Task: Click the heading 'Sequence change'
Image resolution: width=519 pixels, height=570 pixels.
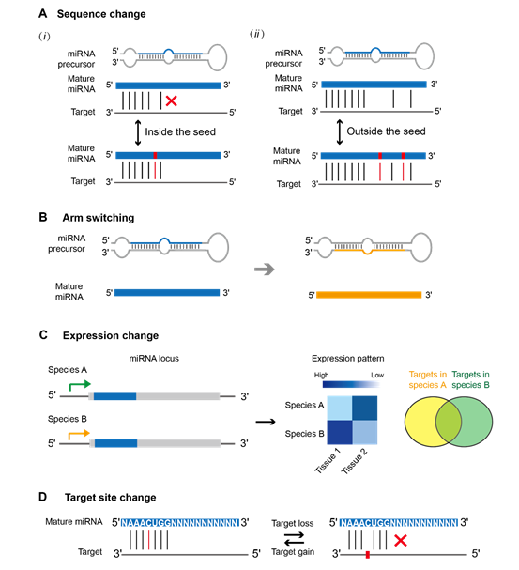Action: pyautogui.click(x=101, y=14)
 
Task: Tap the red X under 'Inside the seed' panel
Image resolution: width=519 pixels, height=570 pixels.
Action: pyautogui.click(x=171, y=100)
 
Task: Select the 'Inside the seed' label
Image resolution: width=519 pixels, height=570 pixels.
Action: pyautogui.click(x=180, y=131)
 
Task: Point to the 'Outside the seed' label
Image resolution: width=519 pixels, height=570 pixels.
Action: pyautogui.click(x=386, y=131)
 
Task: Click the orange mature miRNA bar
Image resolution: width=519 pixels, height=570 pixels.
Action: pyautogui.click(x=369, y=295)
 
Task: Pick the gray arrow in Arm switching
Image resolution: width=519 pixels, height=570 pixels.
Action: pyautogui.click(x=264, y=270)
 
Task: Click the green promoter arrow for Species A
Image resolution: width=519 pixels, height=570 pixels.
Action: pyautogui.click(x=80, y=385)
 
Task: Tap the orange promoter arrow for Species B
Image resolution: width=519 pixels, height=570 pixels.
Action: pyautogui.click(x=79, y=434)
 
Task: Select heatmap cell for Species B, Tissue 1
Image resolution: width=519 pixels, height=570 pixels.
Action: pyautogui.click(x=340, y=432)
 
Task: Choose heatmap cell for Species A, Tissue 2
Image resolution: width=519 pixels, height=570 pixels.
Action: pyautogui.click(x=365, y=408)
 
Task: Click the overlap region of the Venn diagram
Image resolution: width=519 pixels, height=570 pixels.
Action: pyautogui.click(x=449, y=422)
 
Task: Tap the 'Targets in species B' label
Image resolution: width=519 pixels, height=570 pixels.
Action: pyautogui.click(x=471, y=379)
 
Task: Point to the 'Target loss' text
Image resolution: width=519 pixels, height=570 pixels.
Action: pyautogui.click(x=293, y=523)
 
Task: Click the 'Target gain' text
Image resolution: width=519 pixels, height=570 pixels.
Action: pyautogui.click(x=293, y=552)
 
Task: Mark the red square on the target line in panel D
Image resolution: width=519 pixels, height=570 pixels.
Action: pyautogui.click(x=368, y=555)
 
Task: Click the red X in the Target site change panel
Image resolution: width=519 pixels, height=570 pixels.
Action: pyautogui.click(x=400, y=541)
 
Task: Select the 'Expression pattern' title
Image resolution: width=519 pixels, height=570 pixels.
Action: pyautogui.click(x=347, y=359)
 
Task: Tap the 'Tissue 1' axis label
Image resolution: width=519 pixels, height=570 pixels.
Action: pyautogui.click(x=328, y=461)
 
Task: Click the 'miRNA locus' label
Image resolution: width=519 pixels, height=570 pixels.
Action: pyautogui.click(x=154, y=359)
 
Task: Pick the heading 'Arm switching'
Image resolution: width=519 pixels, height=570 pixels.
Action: pyautogui.click(x=99, y=217)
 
